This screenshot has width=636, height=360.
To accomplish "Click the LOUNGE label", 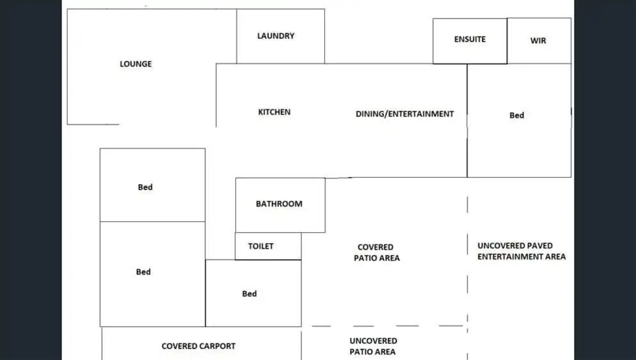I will click(136, 64).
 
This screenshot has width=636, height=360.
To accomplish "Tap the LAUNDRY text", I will click(276, 36).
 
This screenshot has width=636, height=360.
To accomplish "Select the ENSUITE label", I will click(470, 39).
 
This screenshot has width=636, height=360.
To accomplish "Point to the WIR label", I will click(538, 41).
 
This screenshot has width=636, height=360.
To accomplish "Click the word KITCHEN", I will click(274, 112).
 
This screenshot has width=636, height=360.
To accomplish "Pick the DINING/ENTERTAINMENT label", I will click(404, 114).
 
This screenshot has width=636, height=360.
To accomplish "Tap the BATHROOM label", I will click(279, 204).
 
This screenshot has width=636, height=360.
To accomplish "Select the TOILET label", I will click(260, 246).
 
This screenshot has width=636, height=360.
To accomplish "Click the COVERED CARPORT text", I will click(198, 346).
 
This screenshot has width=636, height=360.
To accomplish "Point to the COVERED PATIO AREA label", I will click(376, 253).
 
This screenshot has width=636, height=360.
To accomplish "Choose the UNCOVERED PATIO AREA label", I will click(373, 346).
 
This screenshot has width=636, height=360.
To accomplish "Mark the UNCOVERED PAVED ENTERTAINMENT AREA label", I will click(521, 251).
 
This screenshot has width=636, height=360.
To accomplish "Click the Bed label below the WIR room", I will click(516, 115).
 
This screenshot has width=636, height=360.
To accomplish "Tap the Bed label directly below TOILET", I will click(249, 293).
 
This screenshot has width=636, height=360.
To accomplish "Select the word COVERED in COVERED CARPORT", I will click(179, 346).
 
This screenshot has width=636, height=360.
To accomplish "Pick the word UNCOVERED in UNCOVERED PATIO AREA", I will click(373, 341).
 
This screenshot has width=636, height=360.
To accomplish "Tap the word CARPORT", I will click(218, 346).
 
